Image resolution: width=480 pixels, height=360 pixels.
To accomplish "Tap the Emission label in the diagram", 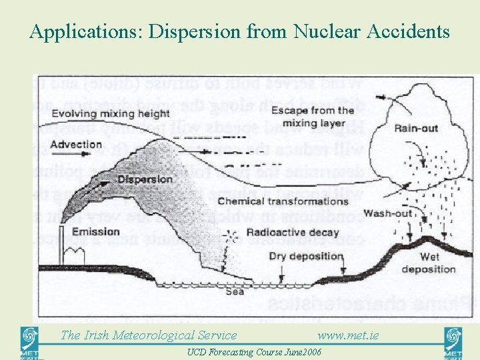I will [x=95, y=232].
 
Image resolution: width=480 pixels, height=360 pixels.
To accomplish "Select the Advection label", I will [x=76, y=145].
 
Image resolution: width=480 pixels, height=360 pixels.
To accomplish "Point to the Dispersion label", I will [x=145, y=179].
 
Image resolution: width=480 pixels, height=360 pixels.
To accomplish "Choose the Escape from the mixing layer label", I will [x=317, y=116].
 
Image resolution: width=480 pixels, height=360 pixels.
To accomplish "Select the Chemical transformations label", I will [x=283, y=201].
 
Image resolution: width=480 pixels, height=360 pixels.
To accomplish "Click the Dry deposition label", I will [x=305, y=256].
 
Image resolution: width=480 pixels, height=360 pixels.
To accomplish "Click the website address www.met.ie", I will [x=348, y=335].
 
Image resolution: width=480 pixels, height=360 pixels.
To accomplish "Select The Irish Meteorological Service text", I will [x=149, y=335].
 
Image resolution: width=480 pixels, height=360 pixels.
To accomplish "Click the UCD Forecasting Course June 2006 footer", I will [x=254, y=352].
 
